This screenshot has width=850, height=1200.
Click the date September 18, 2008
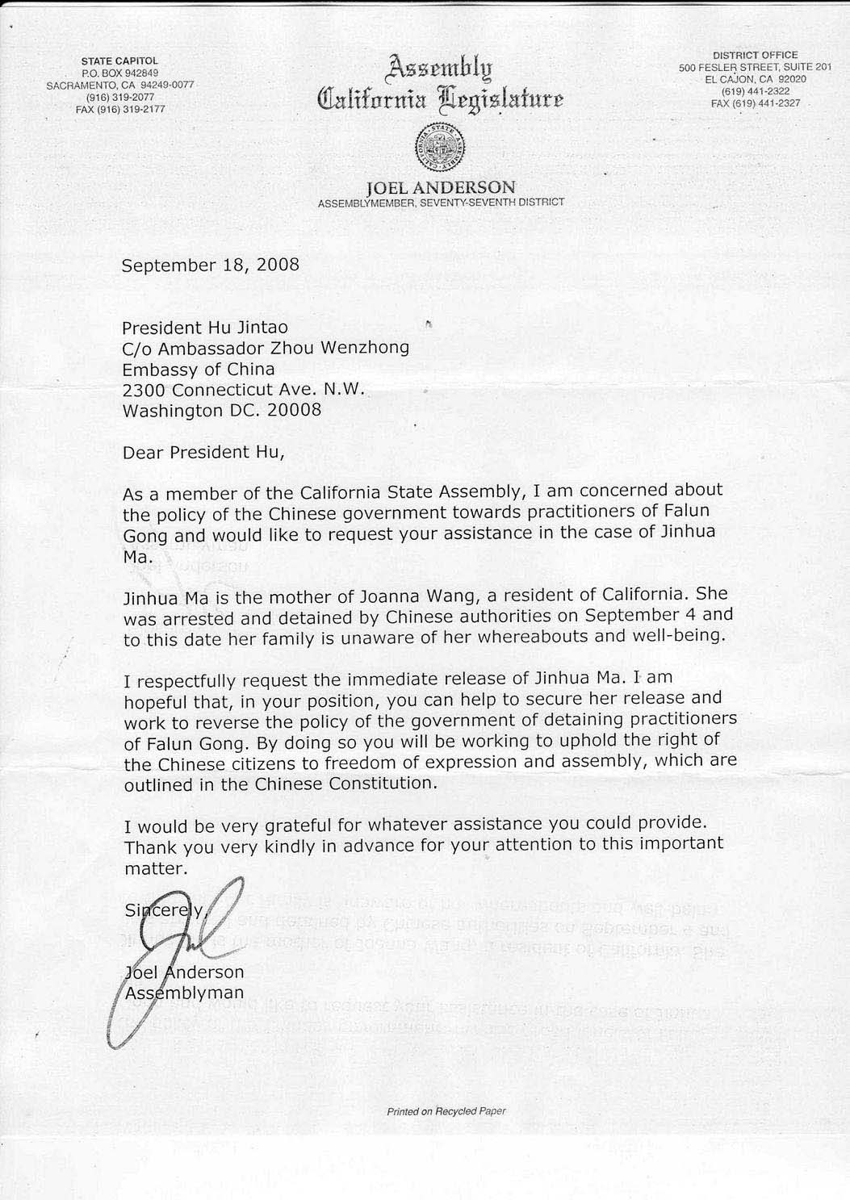[210, 265]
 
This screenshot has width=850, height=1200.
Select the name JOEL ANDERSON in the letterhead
[441, 187]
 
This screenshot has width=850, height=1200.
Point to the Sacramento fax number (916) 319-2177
[120, 109]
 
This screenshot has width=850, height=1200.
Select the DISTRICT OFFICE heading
[755, 55]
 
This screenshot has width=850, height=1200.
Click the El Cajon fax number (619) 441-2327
[755, 103]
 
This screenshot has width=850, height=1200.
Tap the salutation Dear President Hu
[203, 452]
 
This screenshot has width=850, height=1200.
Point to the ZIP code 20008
[294, 410]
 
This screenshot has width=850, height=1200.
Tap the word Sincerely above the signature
[165, 910]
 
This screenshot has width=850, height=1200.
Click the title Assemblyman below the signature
[185, 993]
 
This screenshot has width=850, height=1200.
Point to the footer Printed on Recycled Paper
[446, 1111]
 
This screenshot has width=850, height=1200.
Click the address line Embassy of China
[198, 369]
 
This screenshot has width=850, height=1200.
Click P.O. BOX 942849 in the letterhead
[119, 73]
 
